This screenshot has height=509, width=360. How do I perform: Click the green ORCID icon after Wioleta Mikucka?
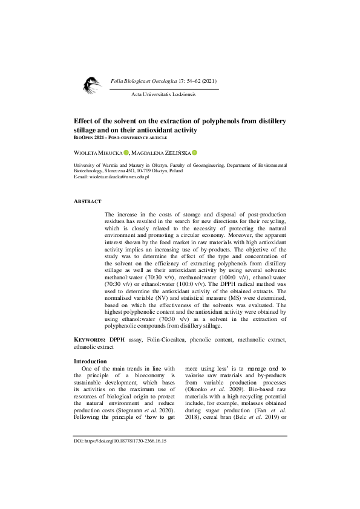[x=126, y=152]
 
